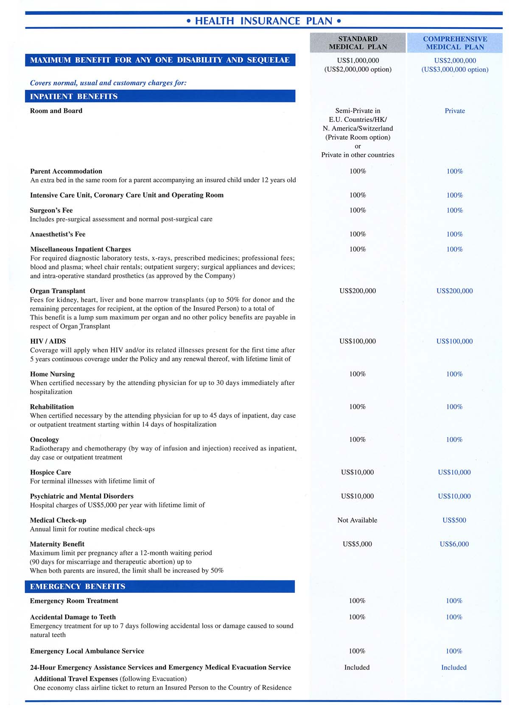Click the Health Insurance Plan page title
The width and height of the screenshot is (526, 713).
[x=263, y=21]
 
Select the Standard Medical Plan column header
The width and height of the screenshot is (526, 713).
[x=358, y=43]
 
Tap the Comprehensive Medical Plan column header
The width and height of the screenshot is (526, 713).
[x=455, y=43]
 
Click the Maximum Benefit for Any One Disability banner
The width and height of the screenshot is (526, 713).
[x=160, y=60]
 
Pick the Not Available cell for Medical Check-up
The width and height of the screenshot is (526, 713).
[x=357, y=520]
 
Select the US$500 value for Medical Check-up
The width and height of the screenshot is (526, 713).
[x=454, y=520]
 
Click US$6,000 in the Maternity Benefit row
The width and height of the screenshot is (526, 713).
[x=454, y=544]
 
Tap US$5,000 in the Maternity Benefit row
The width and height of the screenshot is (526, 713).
[x=357, y=544]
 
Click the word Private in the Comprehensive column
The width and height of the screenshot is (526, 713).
[x=455, y=111]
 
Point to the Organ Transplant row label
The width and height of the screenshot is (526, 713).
[x=58, y=291]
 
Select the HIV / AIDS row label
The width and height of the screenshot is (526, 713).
[x=48, y=341]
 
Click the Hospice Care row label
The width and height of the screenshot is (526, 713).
[x=50, y=472]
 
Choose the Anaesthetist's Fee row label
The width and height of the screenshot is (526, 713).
[x=58, y=234]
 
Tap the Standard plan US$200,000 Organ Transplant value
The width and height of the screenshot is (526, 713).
[x=358, y=291]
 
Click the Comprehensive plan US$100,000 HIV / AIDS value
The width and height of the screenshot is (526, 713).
[x=454, y=341]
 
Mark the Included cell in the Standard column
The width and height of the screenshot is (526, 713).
[x=357, y=667]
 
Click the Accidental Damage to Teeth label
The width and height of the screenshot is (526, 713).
[x=73, y=617]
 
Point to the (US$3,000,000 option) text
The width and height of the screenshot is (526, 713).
[x=455, y=69]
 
